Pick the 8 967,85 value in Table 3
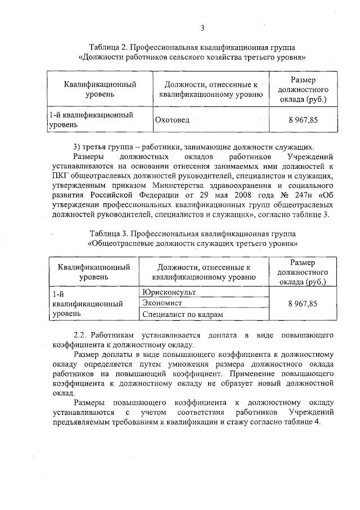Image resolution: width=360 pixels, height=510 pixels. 303,303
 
